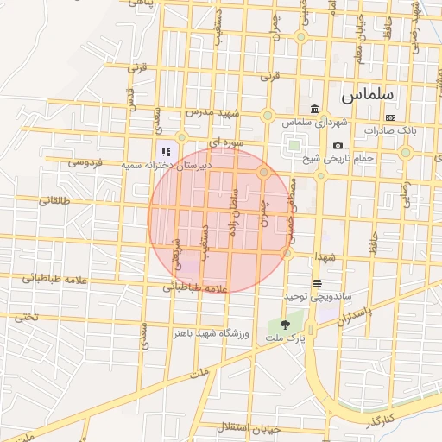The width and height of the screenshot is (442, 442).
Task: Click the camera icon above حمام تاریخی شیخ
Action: tap(338, 145)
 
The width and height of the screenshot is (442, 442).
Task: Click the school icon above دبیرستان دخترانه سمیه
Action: tap(165, 152)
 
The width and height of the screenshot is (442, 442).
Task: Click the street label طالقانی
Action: tap(57, 200)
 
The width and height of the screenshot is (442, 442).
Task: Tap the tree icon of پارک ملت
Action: tap(285, 324)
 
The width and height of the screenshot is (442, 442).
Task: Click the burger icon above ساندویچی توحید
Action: tap(317, 282)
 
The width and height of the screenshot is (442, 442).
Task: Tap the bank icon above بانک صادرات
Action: tap(390, 117)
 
